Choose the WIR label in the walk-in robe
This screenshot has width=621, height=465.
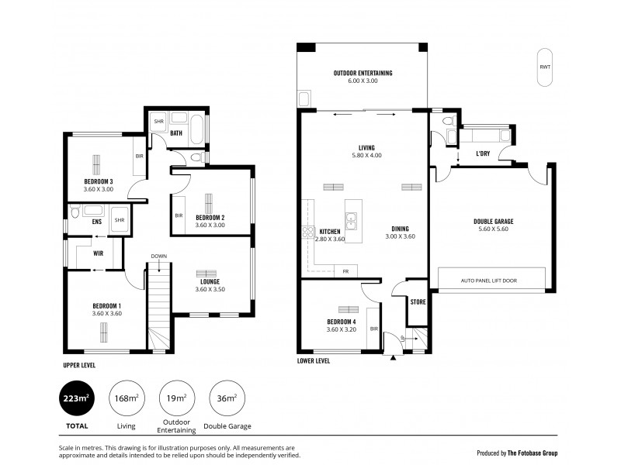[x=99, y=253]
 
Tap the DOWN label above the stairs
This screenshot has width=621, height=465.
[x=158, y=257]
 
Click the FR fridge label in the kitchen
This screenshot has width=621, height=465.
[x=344, y=271]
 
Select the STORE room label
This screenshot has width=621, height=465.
[x=418, y=302]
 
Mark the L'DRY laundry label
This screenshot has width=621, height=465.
[x=482, y=153]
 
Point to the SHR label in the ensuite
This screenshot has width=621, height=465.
[x=120, y=220]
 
